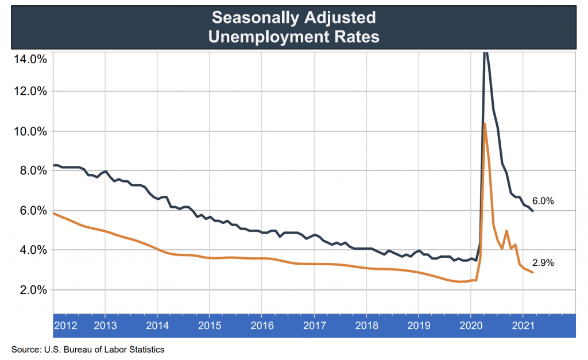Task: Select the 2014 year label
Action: point(157,325)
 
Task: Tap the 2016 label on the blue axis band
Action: point(262,325)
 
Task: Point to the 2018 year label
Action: point(366,325)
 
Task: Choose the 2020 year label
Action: point(471,325)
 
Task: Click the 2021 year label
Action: point(523,325)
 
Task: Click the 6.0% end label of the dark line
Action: point(543,201)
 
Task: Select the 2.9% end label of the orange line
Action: point(543,263)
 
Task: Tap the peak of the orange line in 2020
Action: point(485,123)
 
